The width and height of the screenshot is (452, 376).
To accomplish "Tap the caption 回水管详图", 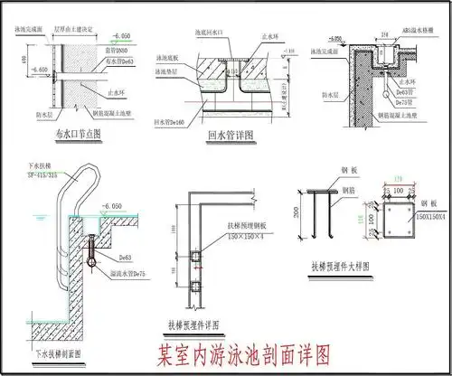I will (229, 136).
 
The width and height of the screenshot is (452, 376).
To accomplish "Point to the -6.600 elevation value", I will (40, 69).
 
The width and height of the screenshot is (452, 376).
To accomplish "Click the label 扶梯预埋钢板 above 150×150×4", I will (230, 228).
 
